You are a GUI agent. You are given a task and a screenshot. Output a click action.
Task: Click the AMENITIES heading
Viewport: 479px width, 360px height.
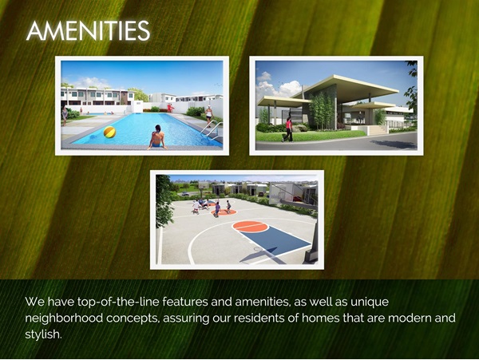(x=88, y=30)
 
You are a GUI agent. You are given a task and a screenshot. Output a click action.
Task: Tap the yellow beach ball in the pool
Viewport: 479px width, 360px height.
(x=109, y=132)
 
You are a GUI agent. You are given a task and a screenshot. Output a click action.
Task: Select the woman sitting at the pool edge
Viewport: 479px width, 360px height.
(x=157, y=136)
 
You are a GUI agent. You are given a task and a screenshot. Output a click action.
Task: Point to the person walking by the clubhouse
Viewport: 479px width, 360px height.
(x=288, y=129)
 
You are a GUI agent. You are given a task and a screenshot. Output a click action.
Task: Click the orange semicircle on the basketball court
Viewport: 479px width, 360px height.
(x=250, y=226)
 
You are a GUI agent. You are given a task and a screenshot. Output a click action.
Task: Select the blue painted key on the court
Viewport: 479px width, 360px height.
(x=275, y=240)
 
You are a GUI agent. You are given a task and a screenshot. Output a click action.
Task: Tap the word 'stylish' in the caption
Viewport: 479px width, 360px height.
(x=43, y=334)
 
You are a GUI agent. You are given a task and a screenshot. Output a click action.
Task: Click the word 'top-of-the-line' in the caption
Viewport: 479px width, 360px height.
(x=118, y=302)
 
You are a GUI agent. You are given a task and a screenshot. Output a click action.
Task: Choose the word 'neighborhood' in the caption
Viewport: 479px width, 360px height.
(x=64, y=318)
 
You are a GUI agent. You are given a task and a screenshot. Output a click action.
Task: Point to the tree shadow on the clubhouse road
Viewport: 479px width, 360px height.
(x=393, y=144)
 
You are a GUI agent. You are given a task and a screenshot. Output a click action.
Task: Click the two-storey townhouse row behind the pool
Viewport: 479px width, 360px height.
(x=97, y=97)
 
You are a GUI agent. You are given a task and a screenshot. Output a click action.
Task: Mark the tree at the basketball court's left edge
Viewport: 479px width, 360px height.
(x=164, y=201)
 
